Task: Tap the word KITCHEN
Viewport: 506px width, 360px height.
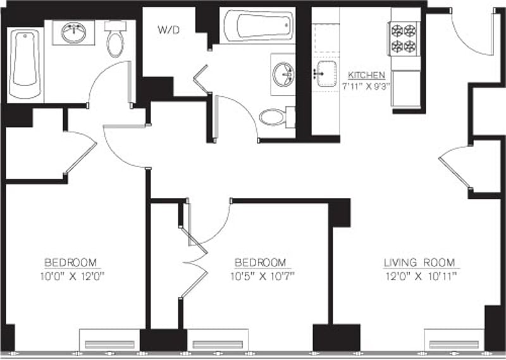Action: click(362, 75)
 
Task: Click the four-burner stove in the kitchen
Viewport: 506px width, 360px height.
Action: click(405, 38)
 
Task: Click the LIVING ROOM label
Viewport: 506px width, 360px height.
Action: click(421, 263)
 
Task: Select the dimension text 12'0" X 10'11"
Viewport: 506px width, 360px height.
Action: click(421, 276)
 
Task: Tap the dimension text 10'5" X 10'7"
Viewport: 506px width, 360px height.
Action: click(261, 276)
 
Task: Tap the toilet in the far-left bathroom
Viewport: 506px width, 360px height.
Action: click(115, 40)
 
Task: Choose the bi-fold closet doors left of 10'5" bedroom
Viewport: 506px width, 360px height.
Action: click(194, 259)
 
